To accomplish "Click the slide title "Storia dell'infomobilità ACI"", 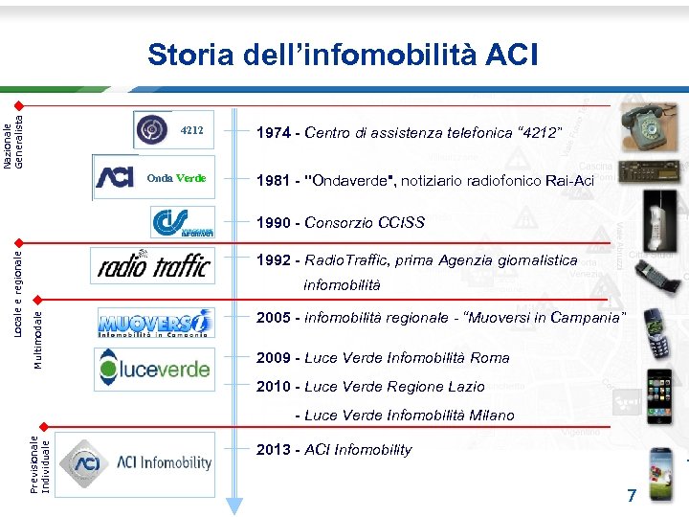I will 343,55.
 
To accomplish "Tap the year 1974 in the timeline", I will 273,131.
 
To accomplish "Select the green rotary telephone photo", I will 649,123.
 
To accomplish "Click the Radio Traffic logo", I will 153,265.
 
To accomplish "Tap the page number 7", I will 631,496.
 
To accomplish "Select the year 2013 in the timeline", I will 273,450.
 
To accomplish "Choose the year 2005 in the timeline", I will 273,317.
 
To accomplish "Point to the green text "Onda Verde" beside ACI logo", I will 176,178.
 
